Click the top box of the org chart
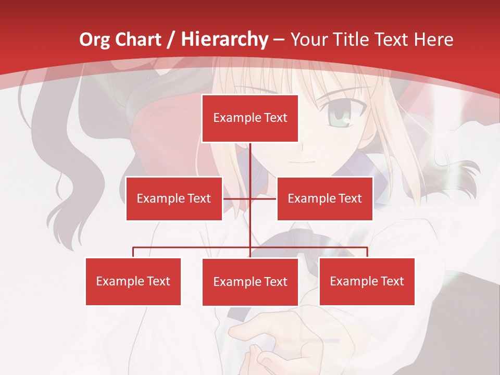click(250, 118)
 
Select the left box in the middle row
click(174, 198)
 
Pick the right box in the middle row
click(324, 198)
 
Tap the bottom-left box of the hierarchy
click(133, 281)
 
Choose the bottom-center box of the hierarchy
click(250, 282)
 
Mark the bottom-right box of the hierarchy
click(367, 281)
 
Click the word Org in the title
click(94, 40)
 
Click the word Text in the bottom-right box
click(392, 281)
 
